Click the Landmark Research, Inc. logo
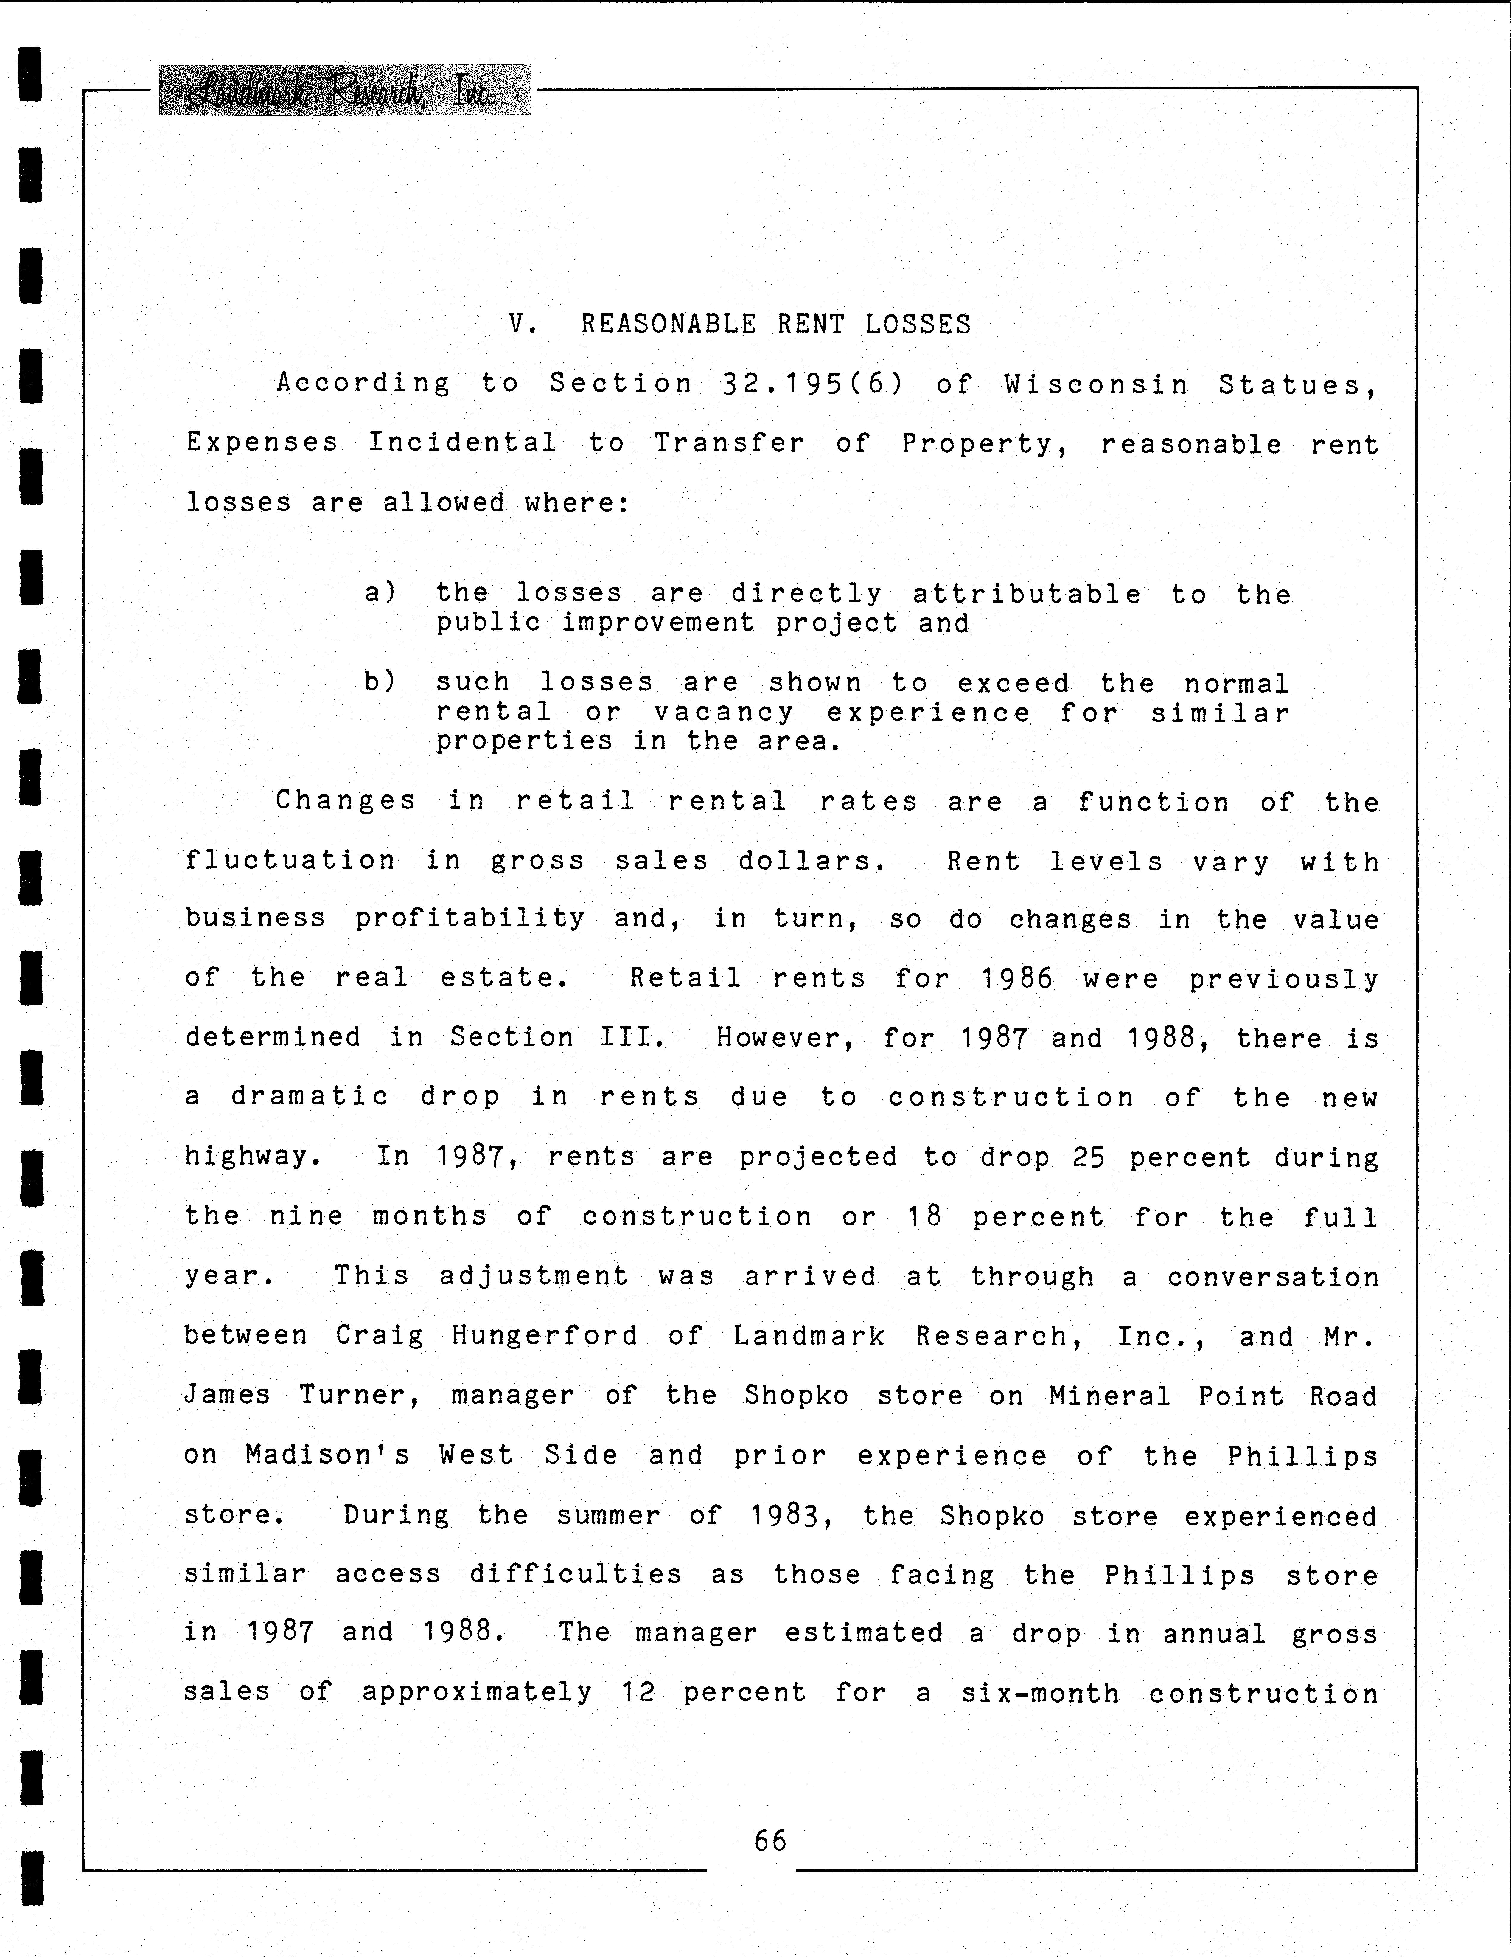click(345, 91)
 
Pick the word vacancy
click(724, 712)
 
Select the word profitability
click(470, 918)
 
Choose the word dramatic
click(310, 1097)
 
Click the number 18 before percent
click(924, 1216)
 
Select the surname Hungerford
click(545, 1336)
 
